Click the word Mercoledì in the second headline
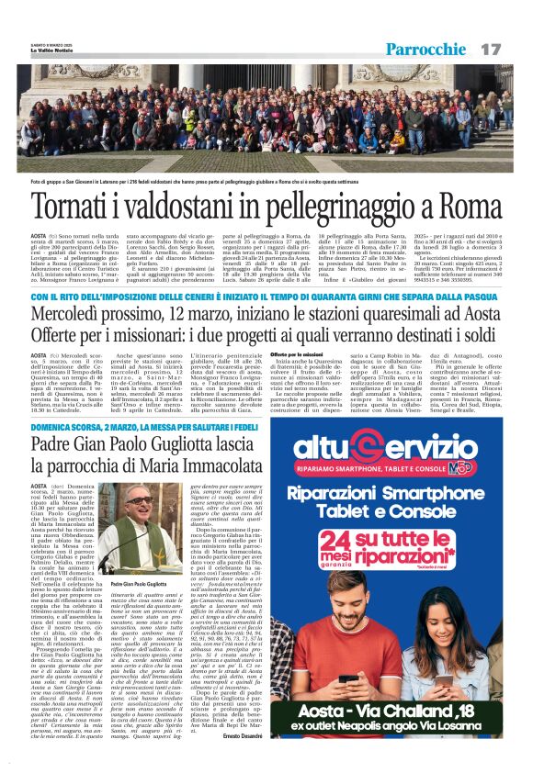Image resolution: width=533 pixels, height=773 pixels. (x=74, y=313)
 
